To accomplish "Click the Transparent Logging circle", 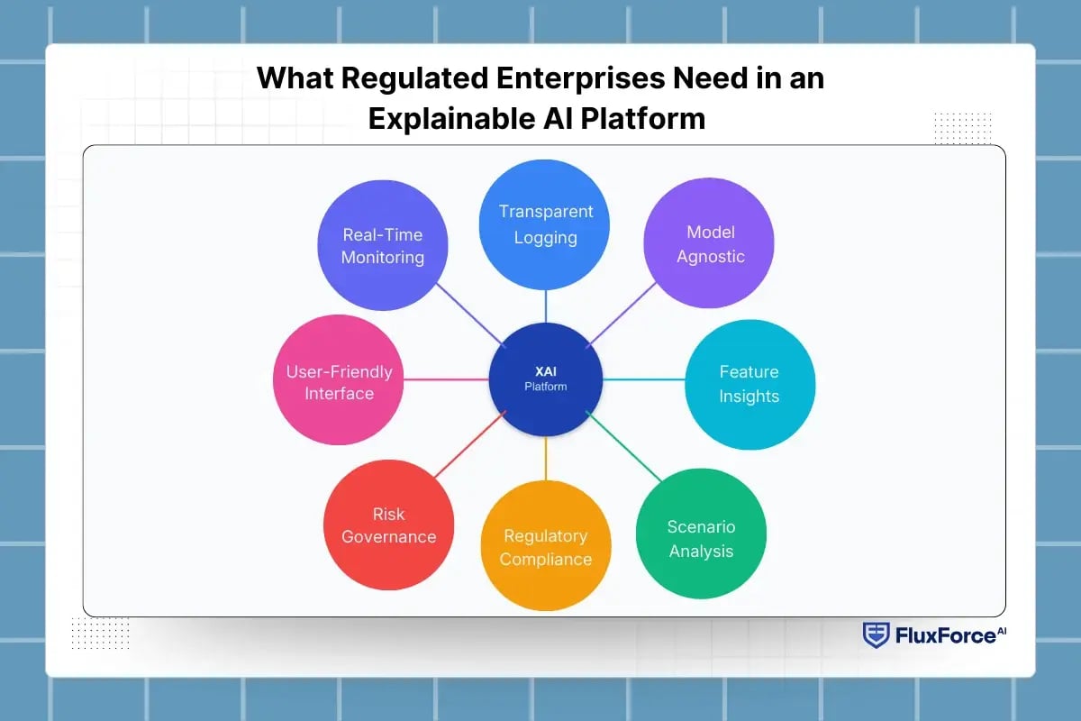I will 545,224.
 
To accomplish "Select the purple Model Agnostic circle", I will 708,245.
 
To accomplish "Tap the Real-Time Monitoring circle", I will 383,246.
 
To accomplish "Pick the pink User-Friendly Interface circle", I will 338,380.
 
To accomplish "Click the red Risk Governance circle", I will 388,525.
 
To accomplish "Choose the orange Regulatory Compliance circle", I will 545,547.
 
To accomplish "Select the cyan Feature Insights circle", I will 749,385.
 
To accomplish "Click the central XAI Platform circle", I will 546,379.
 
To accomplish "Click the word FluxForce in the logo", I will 944,636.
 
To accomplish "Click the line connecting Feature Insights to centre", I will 644,380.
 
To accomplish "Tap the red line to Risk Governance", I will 468,444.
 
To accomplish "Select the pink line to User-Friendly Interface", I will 446,379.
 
